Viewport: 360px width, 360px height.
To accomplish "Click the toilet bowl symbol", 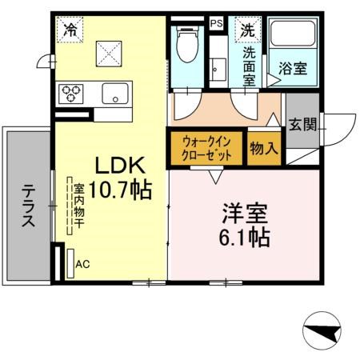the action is tap(188, 45).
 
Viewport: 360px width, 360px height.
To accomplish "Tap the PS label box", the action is tap(216, 23).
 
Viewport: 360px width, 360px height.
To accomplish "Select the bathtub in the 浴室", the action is tap(293, 33).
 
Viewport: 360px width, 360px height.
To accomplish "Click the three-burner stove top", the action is tap(71, 94).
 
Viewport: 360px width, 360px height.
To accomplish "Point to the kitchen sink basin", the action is tap(115, 94).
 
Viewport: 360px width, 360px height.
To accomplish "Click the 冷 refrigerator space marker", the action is tap(70, 30).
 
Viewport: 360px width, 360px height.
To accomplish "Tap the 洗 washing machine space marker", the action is tap(248, 30).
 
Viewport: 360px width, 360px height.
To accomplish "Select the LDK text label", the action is tap(121, 166).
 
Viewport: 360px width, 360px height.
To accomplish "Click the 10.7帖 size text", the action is tap(120, 190).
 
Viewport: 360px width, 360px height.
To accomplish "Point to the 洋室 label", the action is tap(245, 214).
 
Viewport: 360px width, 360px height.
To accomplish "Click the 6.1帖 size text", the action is tap(245, 238).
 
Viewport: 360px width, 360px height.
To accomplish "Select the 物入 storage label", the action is tap(264, 148).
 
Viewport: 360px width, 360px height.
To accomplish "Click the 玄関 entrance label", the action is tap(303, 124).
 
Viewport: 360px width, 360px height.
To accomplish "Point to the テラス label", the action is tap(28, 206).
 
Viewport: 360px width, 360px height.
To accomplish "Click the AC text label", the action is tap(82, 264).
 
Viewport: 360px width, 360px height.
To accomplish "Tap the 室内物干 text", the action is tap(79, 206).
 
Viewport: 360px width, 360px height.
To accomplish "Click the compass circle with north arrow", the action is tap(322, 330).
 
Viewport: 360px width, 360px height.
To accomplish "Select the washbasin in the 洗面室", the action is tap(218, 70).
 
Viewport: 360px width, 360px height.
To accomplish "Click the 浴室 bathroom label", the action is tap(293, 68).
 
